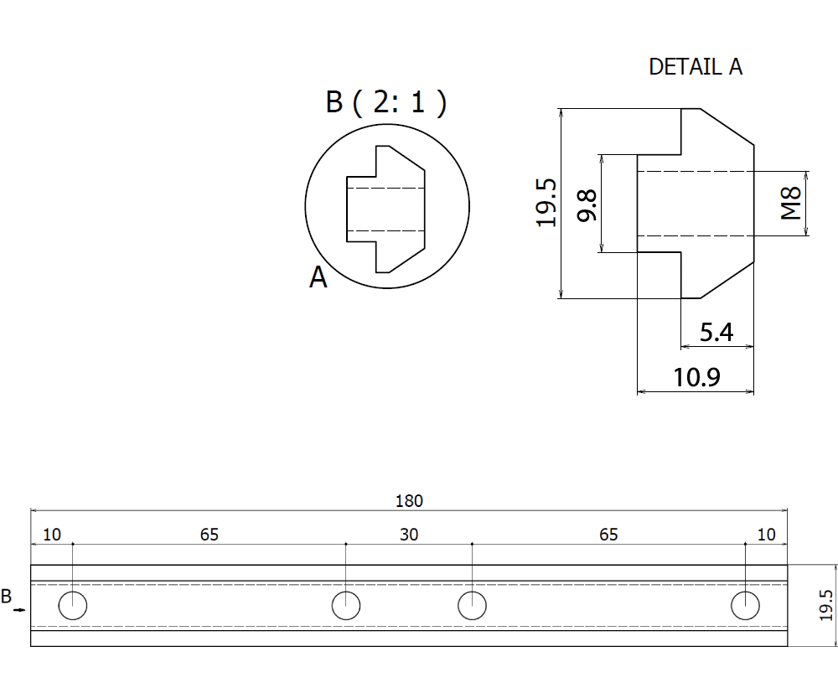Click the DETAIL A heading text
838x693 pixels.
(696, 67)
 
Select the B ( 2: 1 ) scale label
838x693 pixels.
(385, 102)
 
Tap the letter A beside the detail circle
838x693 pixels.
(318, 277)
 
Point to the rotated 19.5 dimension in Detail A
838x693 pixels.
(546, 202)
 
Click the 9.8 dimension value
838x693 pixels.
(588, 204)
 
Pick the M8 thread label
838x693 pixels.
(791, 203)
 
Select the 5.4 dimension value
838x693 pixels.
(716, 333)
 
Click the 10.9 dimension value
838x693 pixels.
(696, 378)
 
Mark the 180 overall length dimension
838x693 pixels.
(409, 501)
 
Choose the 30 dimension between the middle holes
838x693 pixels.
(409, 535)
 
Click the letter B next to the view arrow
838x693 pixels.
(7, 597)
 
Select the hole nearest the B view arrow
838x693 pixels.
(73, 605)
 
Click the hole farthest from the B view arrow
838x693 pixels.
(745, 605)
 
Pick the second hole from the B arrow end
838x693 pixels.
(346, 605)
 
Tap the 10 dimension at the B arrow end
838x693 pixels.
(52, 535)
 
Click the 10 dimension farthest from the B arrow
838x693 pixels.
(766, 535)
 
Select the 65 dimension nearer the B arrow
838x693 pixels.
(209, 535)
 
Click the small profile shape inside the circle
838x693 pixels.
(386, 209)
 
